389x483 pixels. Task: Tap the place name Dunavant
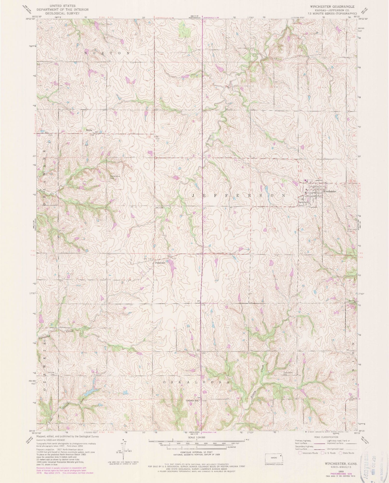[160, 263]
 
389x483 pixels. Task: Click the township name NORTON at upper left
[107, 53]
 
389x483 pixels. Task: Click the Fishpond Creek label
[56, 335]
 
